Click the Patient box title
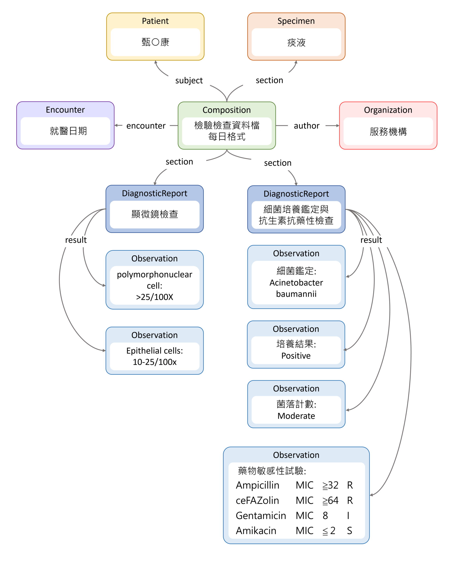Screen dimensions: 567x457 pos(155,21)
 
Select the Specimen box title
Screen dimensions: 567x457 pos(296,21)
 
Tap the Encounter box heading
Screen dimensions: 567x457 pos(65,110)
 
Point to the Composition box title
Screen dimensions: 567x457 pos(226,110)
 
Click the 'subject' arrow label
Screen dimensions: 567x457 pos(189,81)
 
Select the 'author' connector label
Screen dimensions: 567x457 pos(306,126)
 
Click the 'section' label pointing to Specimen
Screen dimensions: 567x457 pos(269,80)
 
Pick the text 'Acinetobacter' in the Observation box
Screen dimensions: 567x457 pos(296,283)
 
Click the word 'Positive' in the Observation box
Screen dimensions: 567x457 pos(296,356)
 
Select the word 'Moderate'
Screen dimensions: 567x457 pos(296,416)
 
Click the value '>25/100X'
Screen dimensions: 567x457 pos(155,297)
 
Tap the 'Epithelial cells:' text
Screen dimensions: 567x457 pos(155,351)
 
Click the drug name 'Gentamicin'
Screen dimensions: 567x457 pos(261,516)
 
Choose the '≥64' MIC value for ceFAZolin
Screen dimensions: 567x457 pos(330,500)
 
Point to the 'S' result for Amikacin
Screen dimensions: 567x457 pos(349,531)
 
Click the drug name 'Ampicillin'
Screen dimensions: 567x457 pos(257,485)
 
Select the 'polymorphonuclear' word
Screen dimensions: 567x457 pos(155,275)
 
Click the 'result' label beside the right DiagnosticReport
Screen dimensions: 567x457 pos(371,240)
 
